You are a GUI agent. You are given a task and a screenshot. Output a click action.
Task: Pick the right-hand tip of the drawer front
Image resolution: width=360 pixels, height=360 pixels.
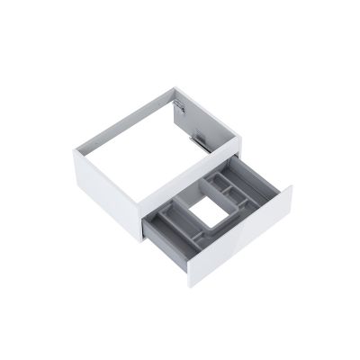tap(292, 187)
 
